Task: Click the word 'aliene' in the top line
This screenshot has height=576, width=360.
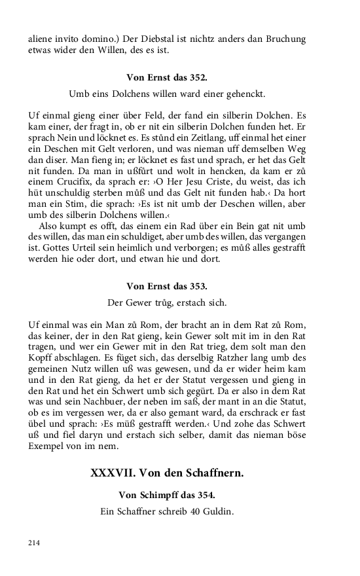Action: (41, 39)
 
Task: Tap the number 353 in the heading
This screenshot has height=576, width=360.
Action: (197, 285)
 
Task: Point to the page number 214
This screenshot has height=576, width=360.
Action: (34, 542)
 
